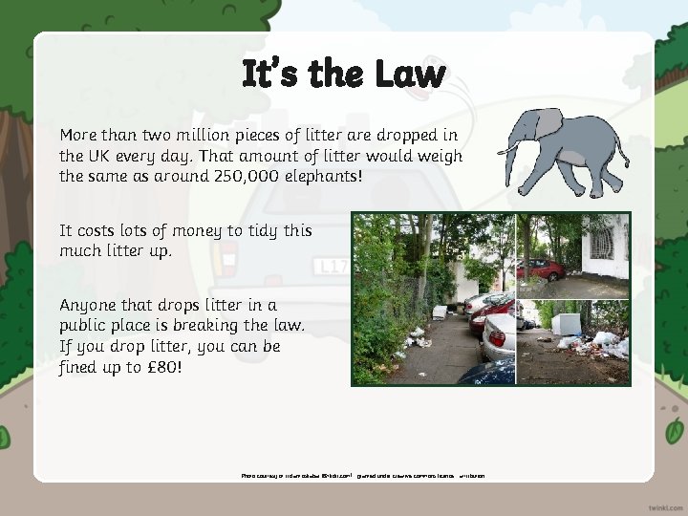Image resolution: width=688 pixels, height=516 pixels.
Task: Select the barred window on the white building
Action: [x=601, y=240]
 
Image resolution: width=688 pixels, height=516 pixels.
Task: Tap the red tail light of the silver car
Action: [x=497, y=339]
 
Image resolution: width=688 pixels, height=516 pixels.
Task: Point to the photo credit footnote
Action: [x=363, y=475]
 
